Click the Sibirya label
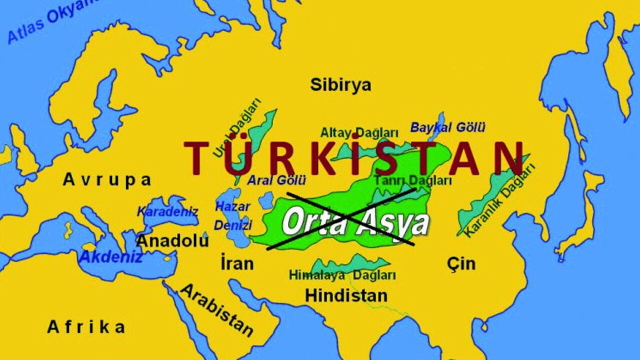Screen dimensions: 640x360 (340, 85)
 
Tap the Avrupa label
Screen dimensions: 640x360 (107, 180)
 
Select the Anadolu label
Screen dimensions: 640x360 (172, 241)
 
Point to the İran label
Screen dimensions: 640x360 (237, 263)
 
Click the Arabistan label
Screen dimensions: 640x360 (217, 310)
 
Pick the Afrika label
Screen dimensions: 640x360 (86, 327)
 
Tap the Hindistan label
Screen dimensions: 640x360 (346, 295)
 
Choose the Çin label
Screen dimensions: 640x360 (461, 263)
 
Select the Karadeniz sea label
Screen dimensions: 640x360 (167, 211)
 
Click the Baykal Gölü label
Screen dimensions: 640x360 (447, 127)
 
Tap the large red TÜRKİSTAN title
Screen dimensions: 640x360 (354, 158)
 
